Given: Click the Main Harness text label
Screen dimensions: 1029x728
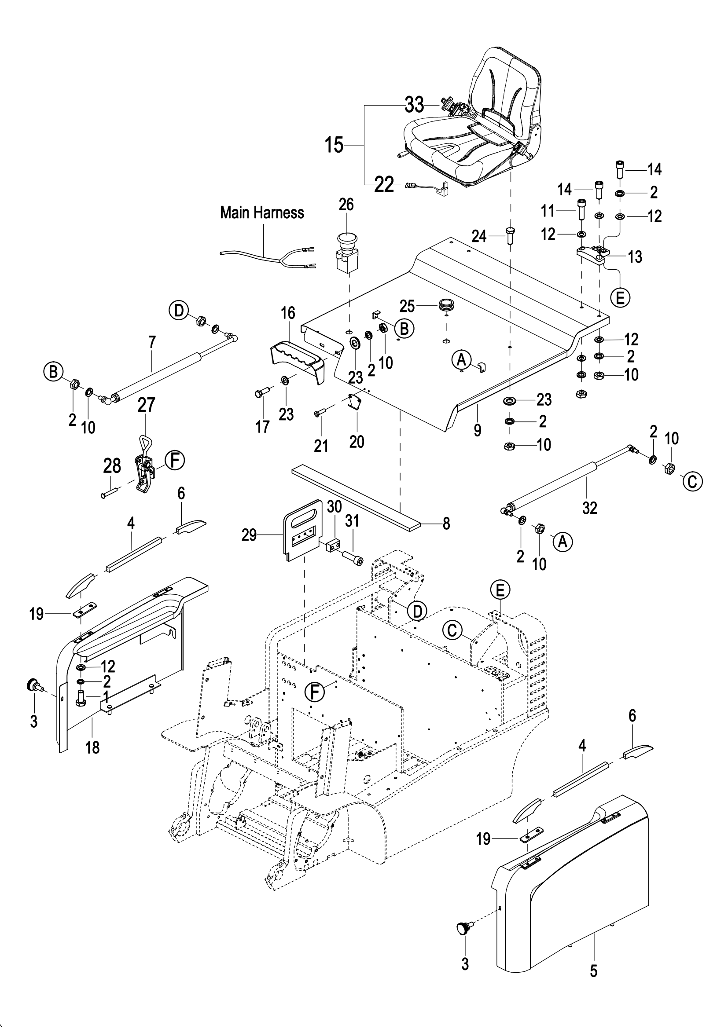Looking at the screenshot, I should (262, 213).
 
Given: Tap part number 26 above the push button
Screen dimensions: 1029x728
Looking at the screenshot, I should (346, 205).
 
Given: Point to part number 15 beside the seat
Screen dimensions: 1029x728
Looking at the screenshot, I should (334, 145).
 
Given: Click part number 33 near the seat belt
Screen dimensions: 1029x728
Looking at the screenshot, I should (414, 105).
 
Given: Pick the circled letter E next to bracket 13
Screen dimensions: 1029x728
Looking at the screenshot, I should (621, 297).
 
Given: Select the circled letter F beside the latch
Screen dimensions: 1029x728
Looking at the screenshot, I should (174, 461).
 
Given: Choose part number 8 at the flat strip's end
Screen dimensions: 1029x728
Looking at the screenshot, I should (446, 524).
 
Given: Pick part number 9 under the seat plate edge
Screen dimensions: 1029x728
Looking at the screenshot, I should (478, 430).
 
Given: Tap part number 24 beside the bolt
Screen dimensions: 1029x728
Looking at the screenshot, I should (479, 236).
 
